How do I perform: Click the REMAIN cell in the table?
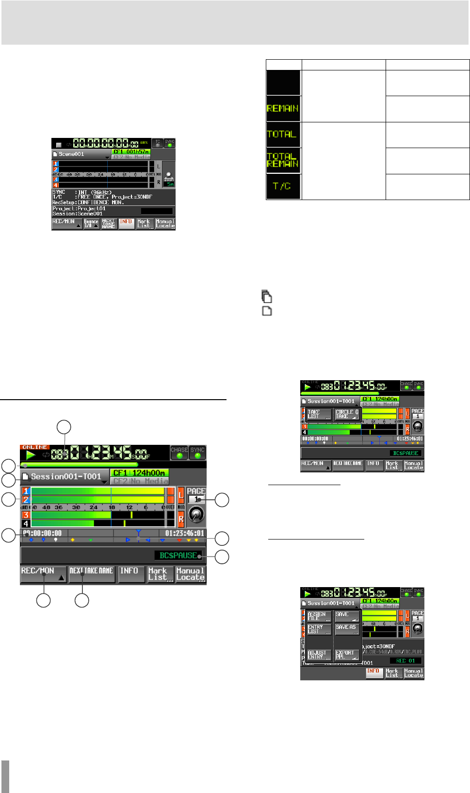tap(283, 108)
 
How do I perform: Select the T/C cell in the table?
tap(283, 186)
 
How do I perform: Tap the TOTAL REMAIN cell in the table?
tap(283, 160)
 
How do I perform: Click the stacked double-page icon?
tap(266, 296)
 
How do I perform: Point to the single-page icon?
tap(267, 311)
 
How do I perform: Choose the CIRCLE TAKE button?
tap(347, 414)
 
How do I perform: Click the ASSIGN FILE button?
tap(319, 616)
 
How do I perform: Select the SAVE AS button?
tap(347, 629)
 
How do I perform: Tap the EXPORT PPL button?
tap(347, 655)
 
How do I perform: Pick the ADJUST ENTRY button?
tap(319, 655)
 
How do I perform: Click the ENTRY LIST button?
tap(319, 629)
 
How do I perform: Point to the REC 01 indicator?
tap(405, 661)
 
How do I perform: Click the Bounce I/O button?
tap(91, 224)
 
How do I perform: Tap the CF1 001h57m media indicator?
tap(131, 152)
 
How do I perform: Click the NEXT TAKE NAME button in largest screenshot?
tap(92, 574)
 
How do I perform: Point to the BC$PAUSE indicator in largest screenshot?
tap(178, 555)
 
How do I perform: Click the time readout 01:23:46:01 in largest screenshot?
tap(184, 533)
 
